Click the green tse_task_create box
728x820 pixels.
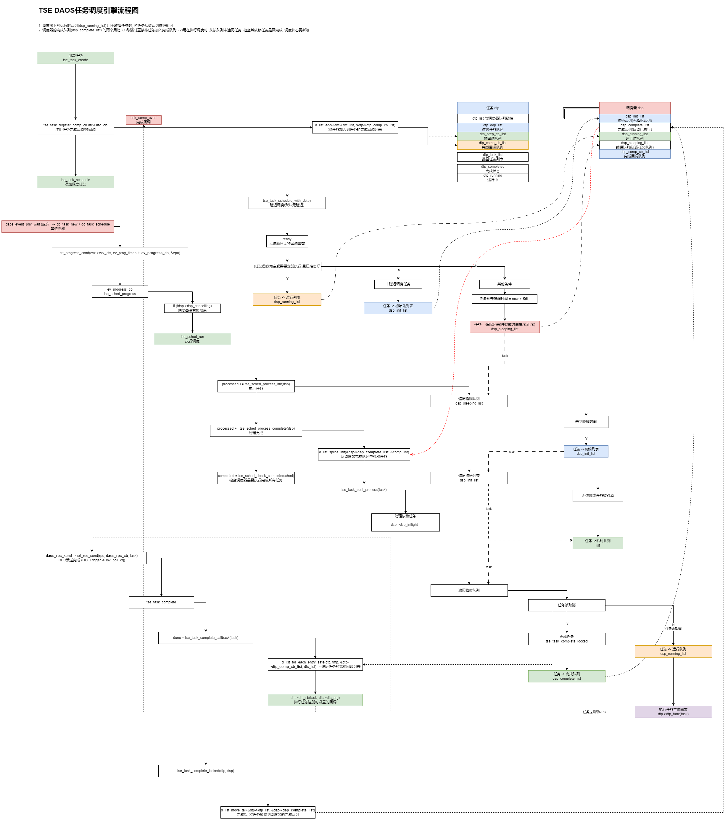point(75,58)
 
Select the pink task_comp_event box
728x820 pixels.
point(143,120)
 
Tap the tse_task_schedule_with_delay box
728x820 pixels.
point(287,203)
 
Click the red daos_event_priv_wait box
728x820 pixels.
point(58,226)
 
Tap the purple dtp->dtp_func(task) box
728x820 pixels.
point(673,712)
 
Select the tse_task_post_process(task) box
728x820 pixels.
point(364,490)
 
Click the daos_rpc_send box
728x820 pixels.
point(91,558)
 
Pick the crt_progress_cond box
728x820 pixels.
point(120,253)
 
